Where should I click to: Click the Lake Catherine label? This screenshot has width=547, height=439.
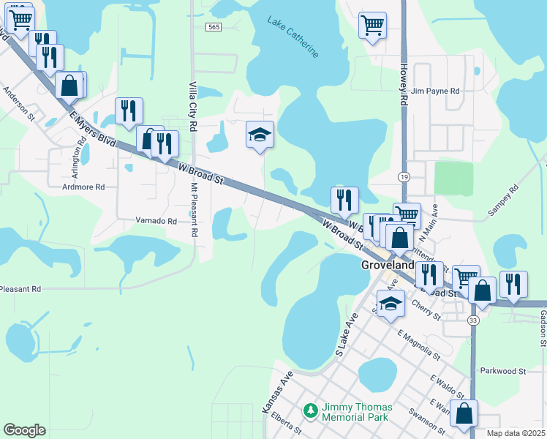click(293, 37)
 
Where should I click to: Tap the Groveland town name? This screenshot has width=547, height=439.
click(388, 266)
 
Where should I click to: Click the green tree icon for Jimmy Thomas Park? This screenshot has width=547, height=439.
click(311, 412)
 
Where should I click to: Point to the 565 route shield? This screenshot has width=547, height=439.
click(213, 27)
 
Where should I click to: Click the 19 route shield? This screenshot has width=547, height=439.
click(404, 176)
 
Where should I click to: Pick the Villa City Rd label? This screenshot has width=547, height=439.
click(193, 107)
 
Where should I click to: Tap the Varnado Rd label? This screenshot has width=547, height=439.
click(156, 220)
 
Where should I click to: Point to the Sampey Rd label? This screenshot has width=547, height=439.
click(502, 200)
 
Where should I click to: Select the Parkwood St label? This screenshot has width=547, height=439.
click(503, 371)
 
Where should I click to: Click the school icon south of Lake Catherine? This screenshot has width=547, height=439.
click(259, 134)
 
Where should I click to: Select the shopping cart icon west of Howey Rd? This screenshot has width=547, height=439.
click(372, 26)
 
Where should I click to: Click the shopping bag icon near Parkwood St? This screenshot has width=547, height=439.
click(464, 413)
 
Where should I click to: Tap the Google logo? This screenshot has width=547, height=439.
click(24, 430)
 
